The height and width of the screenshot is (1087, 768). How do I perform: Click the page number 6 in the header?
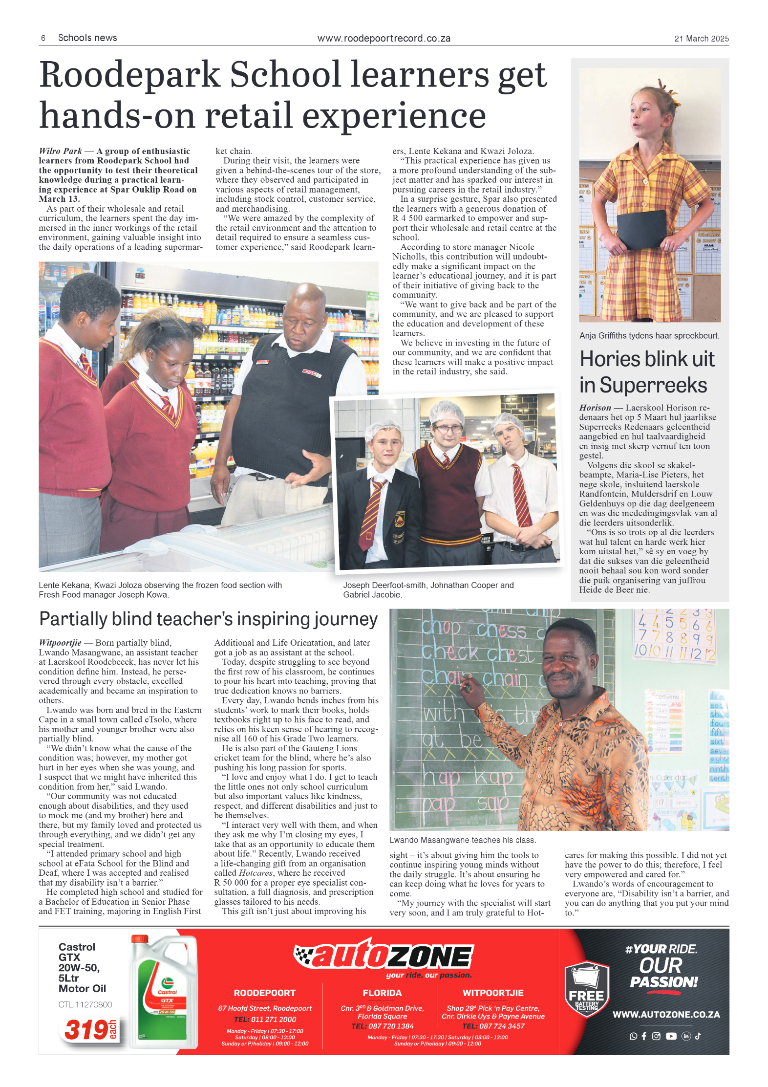pos(43,38)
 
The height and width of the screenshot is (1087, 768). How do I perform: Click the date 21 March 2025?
pos(701,39)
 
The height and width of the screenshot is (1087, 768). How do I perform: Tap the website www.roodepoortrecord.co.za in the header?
pos(384,39)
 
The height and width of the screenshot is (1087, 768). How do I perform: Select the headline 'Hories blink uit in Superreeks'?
pos(647,372)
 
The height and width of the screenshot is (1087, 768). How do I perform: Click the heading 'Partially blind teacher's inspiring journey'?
pos(208,619)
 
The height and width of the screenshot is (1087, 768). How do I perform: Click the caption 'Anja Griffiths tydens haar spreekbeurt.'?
pos(649,336)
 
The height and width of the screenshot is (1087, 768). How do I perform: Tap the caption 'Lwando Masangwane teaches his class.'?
pos(463,840)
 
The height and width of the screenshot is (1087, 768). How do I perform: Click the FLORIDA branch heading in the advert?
pos(382,993)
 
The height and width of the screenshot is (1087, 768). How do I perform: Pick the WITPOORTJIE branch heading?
pos(493,993)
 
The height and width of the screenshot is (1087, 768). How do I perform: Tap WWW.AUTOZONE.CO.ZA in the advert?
pos(666,1014)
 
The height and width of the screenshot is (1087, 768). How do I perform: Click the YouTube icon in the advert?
pos(671,1036)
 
